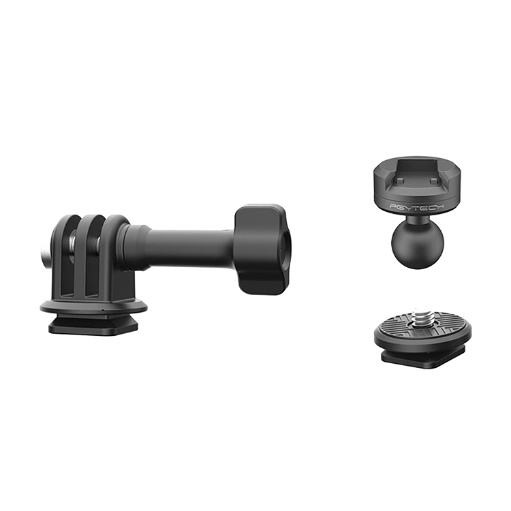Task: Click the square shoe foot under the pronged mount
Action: tap(93, 325)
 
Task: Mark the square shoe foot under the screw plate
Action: tap(422, 360)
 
